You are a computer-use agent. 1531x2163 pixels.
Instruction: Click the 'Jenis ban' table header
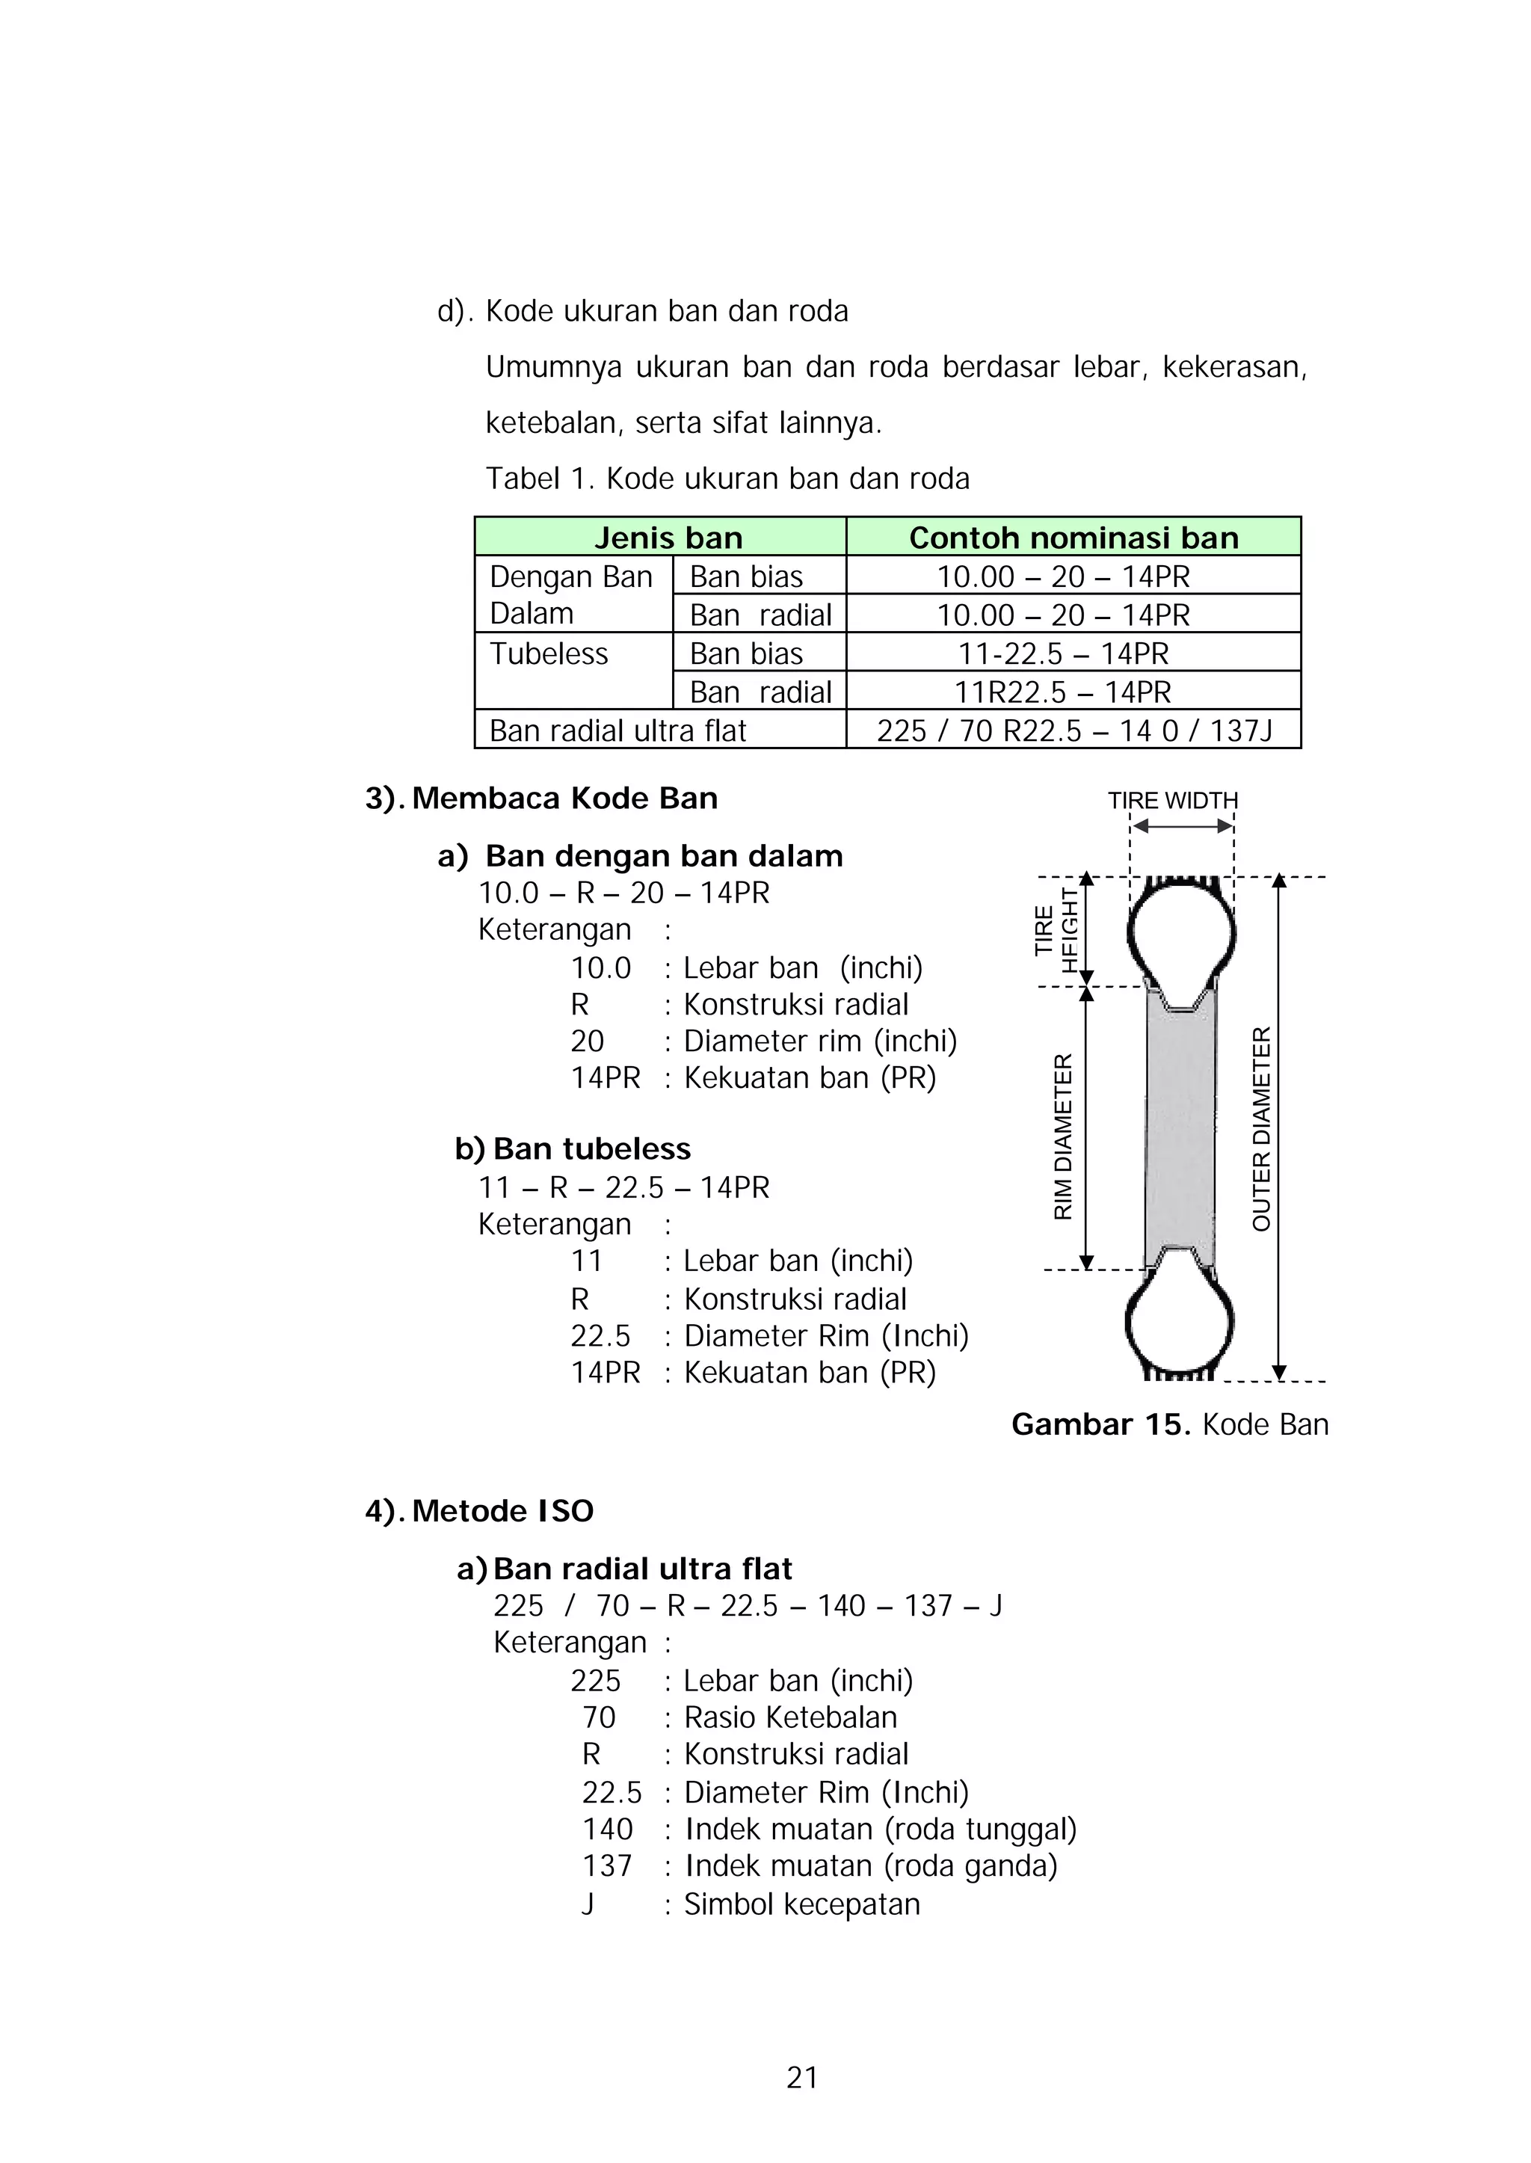668,538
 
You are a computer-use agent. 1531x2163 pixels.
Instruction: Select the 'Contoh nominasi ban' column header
1073,538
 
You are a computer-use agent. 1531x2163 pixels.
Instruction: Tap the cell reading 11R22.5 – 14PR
1062,692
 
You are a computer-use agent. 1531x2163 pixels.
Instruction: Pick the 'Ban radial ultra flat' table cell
617,730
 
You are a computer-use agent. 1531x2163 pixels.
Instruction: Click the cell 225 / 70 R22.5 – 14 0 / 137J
1073,730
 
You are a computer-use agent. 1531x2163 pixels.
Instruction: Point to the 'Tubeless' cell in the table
549,653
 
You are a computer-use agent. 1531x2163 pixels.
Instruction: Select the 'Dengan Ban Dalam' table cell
570,595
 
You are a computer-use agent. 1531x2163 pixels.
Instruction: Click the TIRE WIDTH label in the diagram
1172,801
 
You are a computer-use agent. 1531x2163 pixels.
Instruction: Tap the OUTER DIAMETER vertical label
1261,1129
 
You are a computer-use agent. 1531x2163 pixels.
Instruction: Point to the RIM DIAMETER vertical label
1062,1136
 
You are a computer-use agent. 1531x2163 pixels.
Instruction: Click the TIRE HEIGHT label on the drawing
1055,931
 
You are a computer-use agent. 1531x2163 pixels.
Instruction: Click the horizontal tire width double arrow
1182,827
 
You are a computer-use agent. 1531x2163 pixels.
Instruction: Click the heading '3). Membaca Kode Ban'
541,799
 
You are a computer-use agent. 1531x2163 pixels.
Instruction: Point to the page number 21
802,2078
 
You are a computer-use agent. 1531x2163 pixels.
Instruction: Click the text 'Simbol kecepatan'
801,1904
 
